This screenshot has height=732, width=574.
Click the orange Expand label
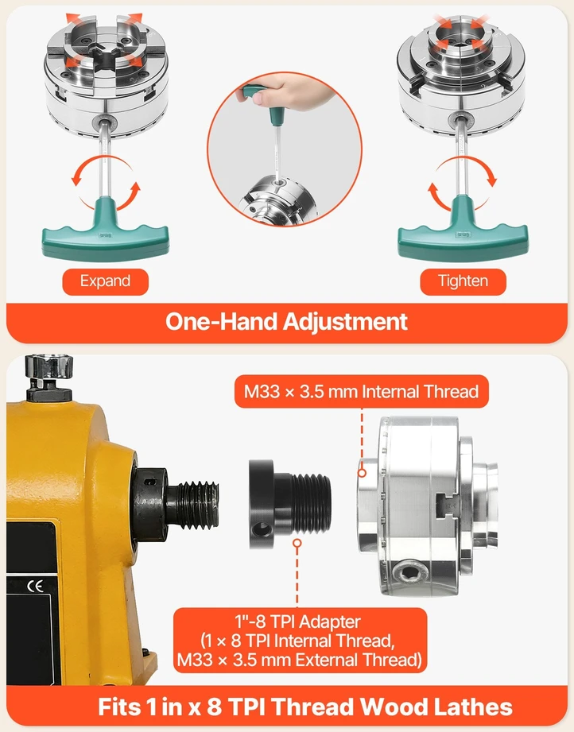[x=105, y=281]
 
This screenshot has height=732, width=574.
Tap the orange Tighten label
[x=463, y=281]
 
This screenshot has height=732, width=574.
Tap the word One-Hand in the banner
[x=221, y=321]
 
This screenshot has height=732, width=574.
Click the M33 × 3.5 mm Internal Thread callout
[x=362, y=391]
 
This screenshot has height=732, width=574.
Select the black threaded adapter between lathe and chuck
[x=290, y=504]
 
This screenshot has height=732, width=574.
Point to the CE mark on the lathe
[x=36, y=586]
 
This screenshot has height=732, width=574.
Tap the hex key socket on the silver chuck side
[x=410, y=571]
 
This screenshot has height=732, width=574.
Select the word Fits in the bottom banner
[x=119, y=707]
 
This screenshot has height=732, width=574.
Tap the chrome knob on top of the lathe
[x=49, y=366]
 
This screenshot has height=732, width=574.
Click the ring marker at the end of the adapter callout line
[x=297, y=544]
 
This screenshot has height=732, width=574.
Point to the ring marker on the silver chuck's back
[x=362, y=473]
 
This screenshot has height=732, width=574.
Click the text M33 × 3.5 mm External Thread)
[x=300, y=660]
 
